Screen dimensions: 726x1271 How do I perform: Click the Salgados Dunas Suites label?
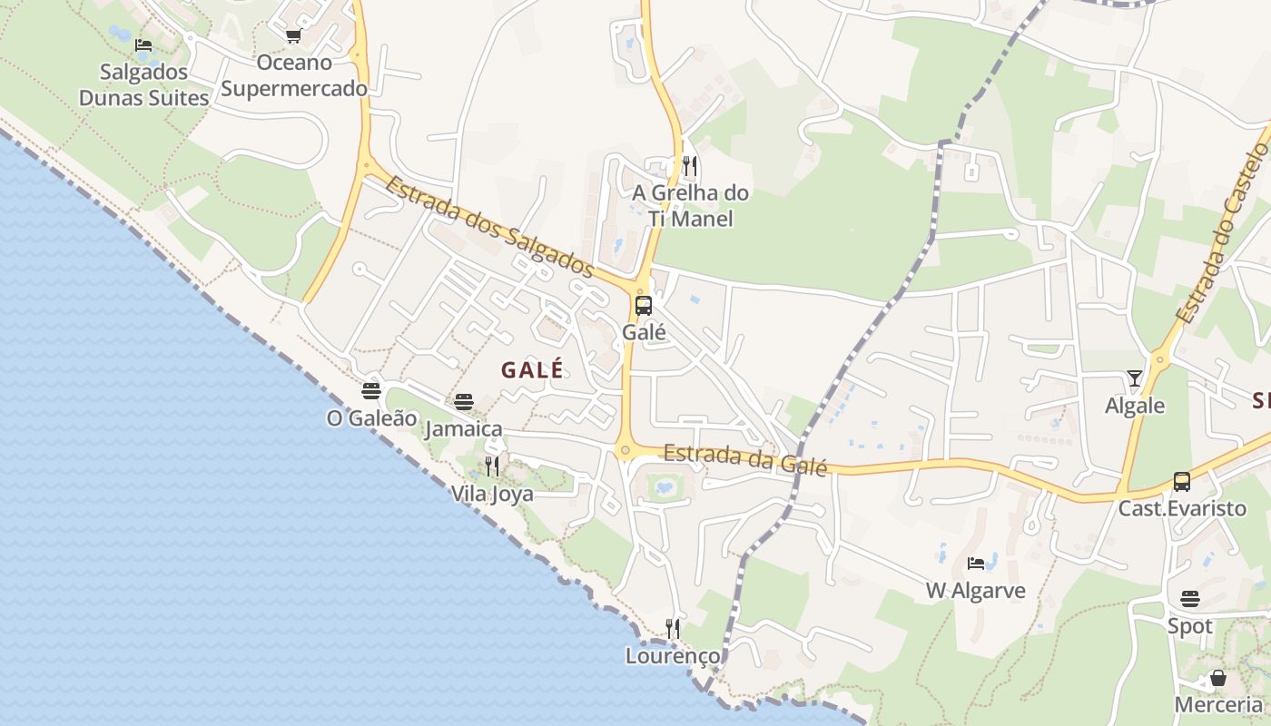click(143, 84)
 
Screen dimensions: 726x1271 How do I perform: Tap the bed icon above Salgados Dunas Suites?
click(143, 44)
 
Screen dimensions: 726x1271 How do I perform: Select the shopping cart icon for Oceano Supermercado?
click(293, 35)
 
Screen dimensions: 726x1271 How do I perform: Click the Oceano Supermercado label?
click(294, 75)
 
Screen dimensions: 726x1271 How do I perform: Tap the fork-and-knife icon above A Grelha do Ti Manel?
click(690, 165)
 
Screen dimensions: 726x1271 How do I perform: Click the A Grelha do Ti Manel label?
click(691, 205)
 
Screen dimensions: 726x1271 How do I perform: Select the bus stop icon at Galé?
click(644, 305)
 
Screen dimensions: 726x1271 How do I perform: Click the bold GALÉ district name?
click(532, 369)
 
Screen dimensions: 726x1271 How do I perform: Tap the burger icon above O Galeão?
click(370, 391)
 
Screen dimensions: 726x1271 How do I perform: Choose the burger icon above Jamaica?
click(464, 401)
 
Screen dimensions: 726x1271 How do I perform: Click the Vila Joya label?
click(492, 495)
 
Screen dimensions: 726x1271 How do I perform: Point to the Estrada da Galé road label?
click(745, 459)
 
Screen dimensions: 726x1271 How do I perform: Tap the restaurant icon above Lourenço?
click(673, 628)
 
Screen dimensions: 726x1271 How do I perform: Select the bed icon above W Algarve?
click(976, 564)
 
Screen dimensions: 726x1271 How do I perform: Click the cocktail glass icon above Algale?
click(1135, 378)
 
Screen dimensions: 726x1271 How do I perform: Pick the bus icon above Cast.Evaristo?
click(1181, 481)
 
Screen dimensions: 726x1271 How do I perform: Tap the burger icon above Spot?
click(1190, 599)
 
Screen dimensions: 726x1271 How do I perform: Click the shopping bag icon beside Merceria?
click(1218, 678)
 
